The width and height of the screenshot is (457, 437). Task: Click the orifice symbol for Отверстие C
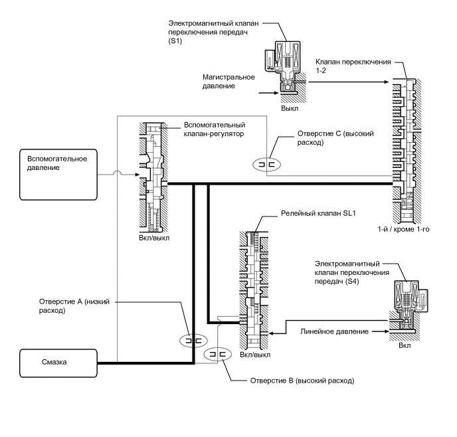click(267, 165)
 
